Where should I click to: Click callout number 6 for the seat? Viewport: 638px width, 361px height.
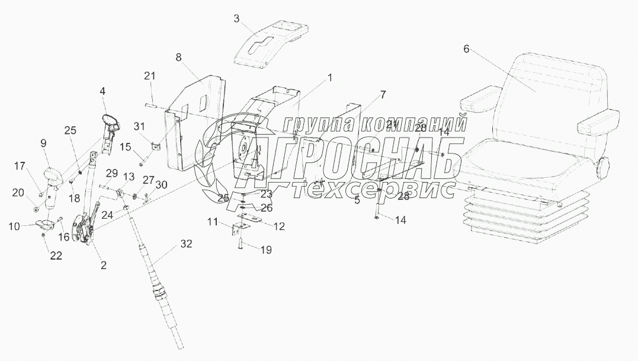pos(466,49)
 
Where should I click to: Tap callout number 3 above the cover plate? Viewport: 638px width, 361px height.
pos(236,19)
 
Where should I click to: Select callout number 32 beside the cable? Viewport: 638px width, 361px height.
pos(187,244)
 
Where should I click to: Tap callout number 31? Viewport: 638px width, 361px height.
pos(139,126)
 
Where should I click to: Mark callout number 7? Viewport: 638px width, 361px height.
pos(383,95)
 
